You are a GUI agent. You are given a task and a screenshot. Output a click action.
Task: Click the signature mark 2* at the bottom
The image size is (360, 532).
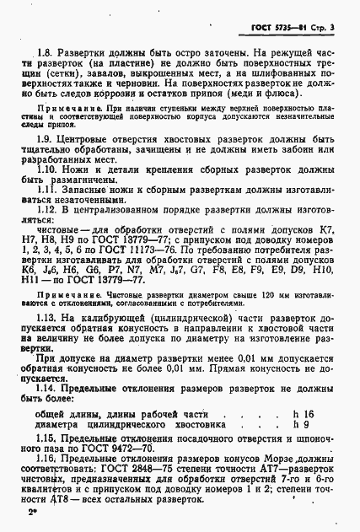[32, 511]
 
